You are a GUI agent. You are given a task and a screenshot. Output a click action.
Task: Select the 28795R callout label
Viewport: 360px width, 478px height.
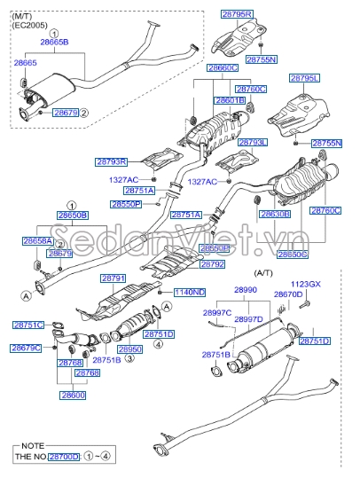(x=237, y=14)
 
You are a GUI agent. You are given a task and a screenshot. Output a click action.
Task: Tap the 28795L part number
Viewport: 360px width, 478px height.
(x=309, y=79)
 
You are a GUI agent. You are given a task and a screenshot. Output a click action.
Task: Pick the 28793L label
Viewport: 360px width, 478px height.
(x=253, y=142)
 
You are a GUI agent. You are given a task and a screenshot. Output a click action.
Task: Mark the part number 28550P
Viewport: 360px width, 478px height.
(x=126, y=204)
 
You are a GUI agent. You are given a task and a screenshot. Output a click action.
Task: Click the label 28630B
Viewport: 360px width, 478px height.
(x=275, y=214)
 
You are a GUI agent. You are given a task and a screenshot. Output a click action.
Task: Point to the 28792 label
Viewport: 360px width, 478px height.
(x=213, y=264)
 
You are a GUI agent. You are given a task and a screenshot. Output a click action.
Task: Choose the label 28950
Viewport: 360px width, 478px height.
(x=130, y=350)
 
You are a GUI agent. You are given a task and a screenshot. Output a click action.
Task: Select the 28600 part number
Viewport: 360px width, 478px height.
(x=73, y=395)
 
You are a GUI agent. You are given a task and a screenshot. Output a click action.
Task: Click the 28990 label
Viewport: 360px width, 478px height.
(x=245, y=289)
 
